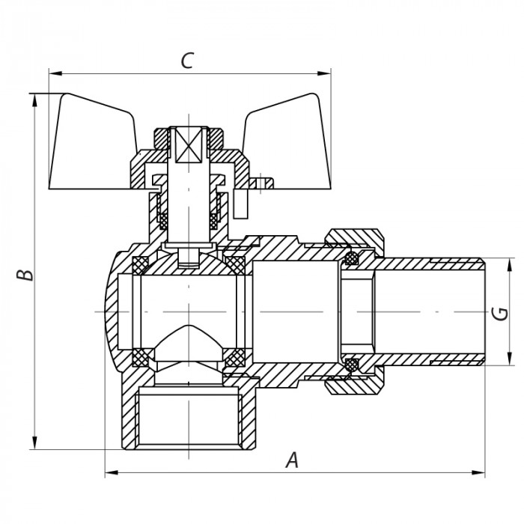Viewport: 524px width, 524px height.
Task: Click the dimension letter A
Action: click(x=293, y=460)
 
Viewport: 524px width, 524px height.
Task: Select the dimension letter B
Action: click(x=26, y=274)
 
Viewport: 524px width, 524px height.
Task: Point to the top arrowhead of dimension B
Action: click(x=33, y=99)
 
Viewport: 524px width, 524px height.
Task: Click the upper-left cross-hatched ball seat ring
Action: click(x=140, y=264)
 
